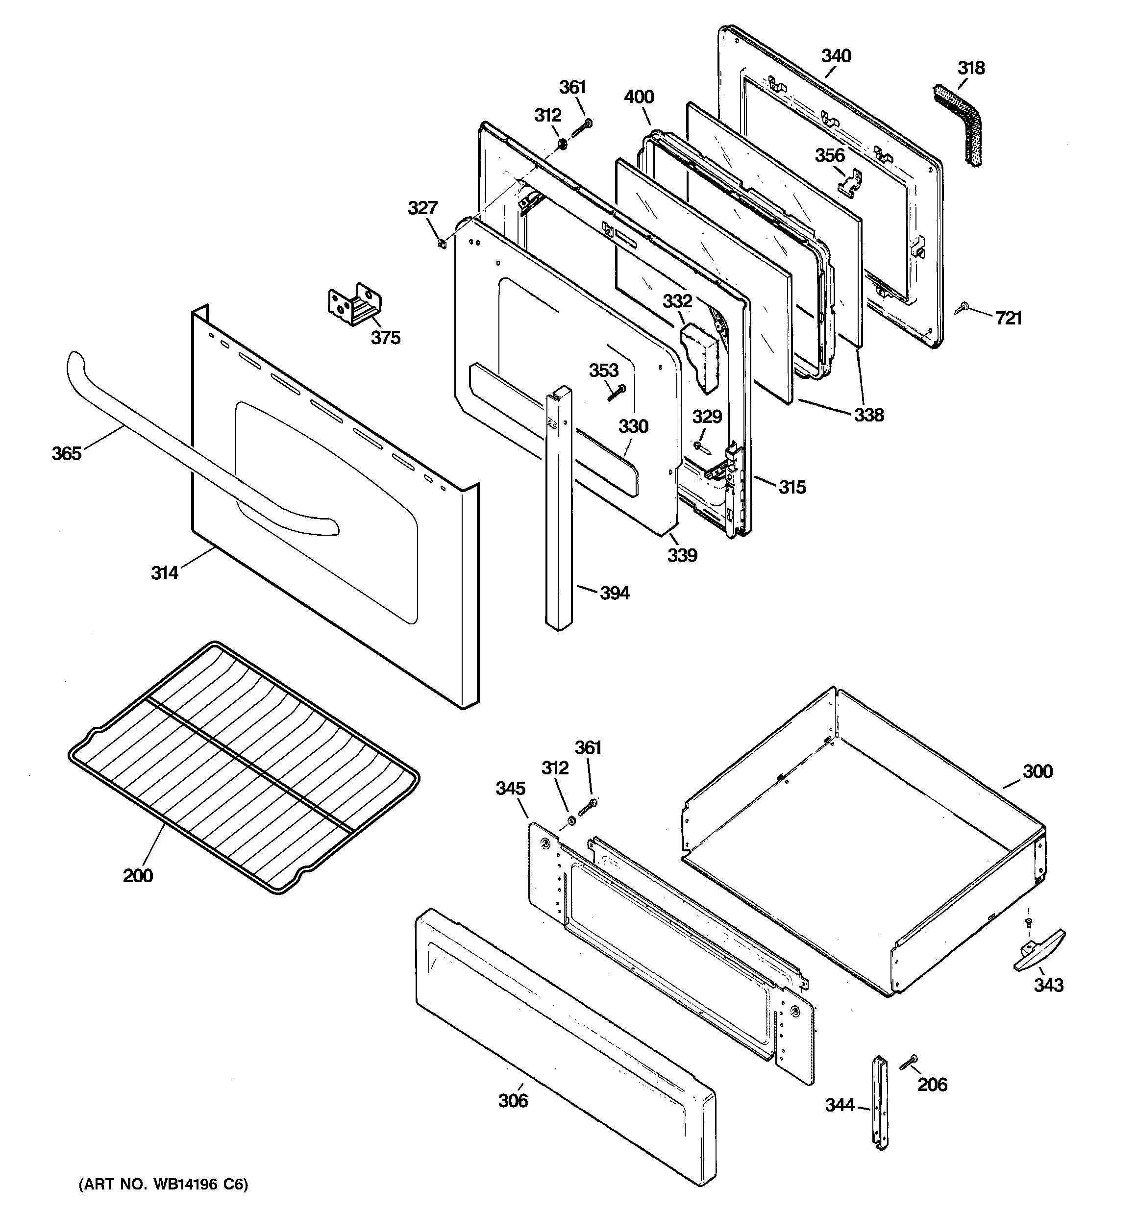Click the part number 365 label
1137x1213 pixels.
66,453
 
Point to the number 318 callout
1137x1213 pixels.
971,68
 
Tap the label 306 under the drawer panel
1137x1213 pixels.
513,1100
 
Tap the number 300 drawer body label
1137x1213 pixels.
1038,771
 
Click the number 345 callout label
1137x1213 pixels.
510,789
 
